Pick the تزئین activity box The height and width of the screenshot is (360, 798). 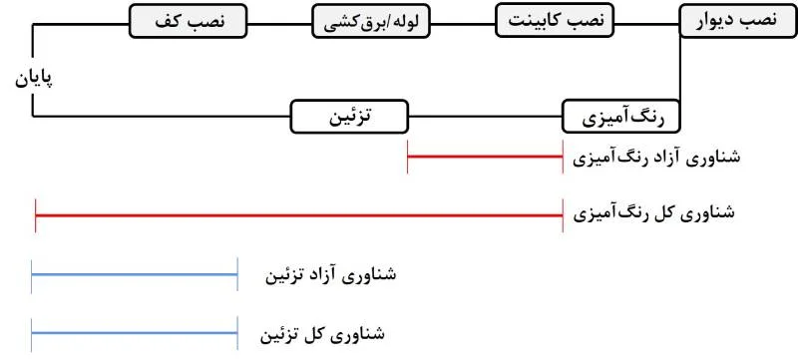(349, 117)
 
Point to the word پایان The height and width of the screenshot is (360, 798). (33, 78)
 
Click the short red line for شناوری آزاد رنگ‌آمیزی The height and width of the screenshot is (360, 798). (485, 158)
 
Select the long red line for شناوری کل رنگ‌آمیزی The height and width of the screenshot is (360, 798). (299, 213)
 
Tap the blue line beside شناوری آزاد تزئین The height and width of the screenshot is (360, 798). (134, 273)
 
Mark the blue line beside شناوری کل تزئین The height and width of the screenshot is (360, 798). (134, 332)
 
